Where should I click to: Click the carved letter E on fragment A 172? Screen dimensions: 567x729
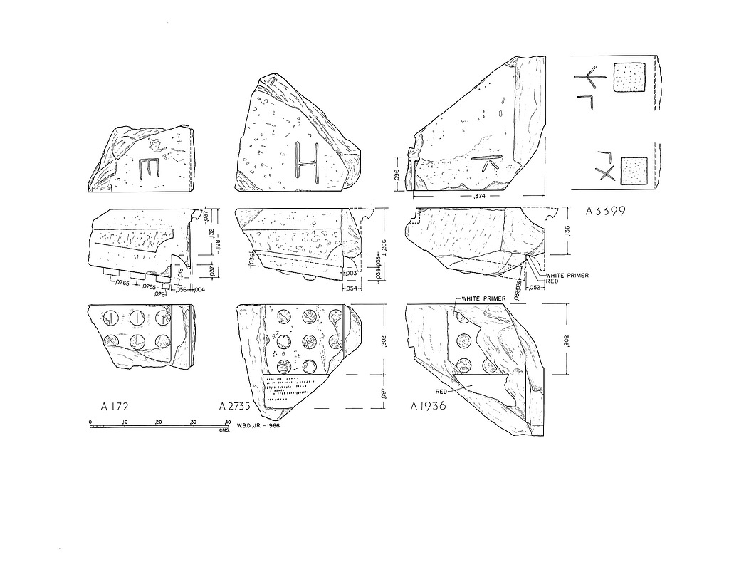[x=149, y=169]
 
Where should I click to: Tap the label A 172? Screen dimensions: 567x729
[x=114, y=407]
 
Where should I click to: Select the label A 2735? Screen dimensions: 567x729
[x=239, y=407]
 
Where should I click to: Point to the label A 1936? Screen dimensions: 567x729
[x=428, y=407]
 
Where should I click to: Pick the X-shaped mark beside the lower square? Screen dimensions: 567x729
[x=607, y=174]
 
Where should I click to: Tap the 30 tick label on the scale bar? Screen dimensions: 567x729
[x=194, y=422]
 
